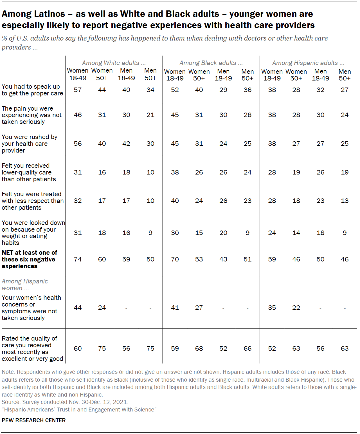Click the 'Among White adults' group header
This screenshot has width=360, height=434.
click(x=114, y=63)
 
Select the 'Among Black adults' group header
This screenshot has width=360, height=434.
click(x=211, y=63)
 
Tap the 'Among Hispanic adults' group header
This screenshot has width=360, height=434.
click(x=308, y=63)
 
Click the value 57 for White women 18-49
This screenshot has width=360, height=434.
click(x=78, y=90)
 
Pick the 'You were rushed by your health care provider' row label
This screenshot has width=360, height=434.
click(x=29, y=144)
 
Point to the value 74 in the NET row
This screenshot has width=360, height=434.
click(x=78, y=259)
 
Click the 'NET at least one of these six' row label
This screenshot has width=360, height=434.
click(x=29, y=259)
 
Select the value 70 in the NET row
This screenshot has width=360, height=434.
click(x=175, y=259)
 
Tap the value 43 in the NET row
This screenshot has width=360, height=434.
click(x=223, y=259)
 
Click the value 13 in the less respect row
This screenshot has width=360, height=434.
click(x=345, y=201)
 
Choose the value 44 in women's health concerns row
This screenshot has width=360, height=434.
click(x=78, y=308)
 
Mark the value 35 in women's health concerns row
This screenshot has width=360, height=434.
click(x=272, y=308)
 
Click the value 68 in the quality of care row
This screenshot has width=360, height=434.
click(x=199, y=348)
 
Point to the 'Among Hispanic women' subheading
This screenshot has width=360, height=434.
click(x=25, y=285)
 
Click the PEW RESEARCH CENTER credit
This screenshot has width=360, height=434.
click(x=33, y=420)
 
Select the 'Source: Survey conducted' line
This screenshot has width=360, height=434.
click(x=65, y=402)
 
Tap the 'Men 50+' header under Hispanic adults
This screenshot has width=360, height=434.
click(x=345, y=75)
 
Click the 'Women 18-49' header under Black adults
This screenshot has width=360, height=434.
click(x=175, y=75)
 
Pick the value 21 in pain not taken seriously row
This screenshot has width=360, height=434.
click(x=150, y=115)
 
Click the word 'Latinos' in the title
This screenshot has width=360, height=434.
click(x=49, y=14)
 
